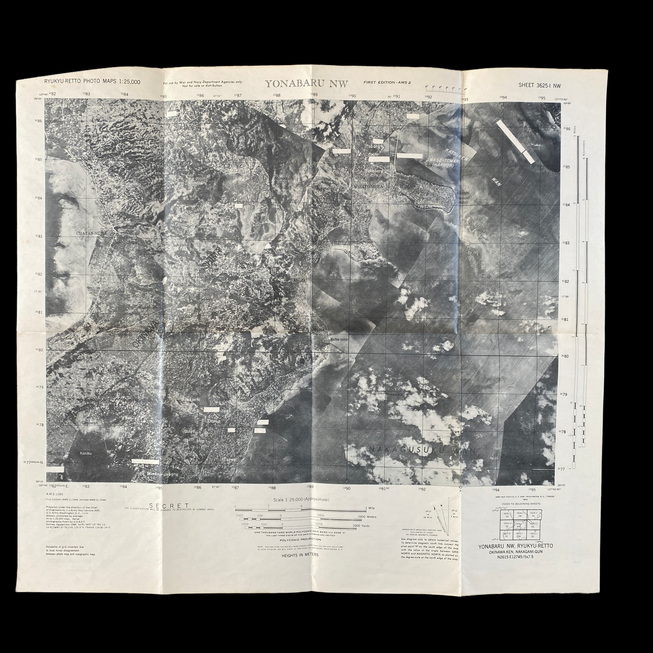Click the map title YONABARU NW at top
306,84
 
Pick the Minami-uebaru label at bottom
162,474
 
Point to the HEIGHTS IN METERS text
300,555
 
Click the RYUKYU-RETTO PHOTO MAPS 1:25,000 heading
92,82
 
